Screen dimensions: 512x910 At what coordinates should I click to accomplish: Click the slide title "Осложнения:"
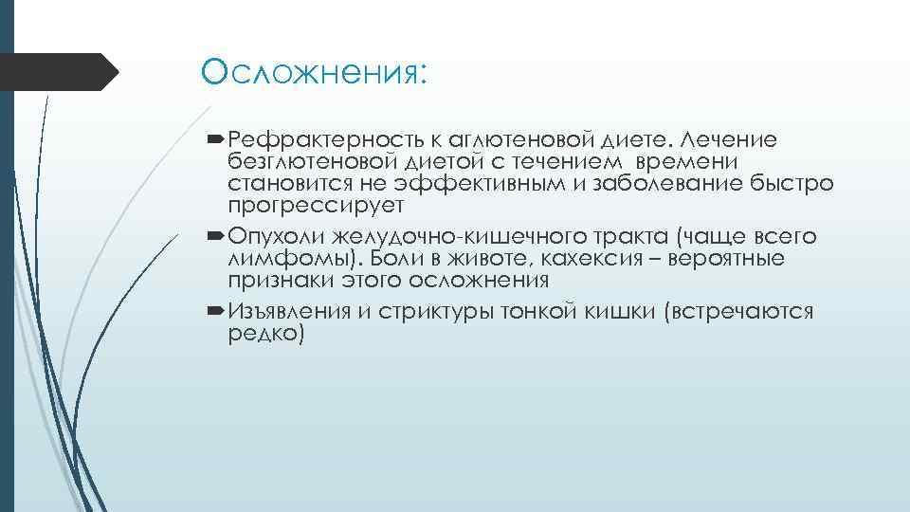tap(315, 73)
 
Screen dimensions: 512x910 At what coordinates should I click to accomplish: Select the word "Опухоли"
tap(273, 237)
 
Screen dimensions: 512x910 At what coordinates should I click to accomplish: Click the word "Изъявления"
tap(291, 313)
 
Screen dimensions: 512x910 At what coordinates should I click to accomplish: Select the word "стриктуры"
tap(431, 313)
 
